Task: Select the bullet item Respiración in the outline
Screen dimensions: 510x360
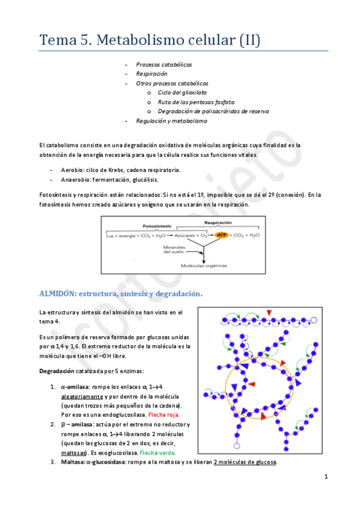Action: point(151,73)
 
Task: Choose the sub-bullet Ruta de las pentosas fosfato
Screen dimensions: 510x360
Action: point(196,102)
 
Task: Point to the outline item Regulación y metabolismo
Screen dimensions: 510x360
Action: point(171,121)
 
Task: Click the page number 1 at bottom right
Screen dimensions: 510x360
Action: point(325,476)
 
